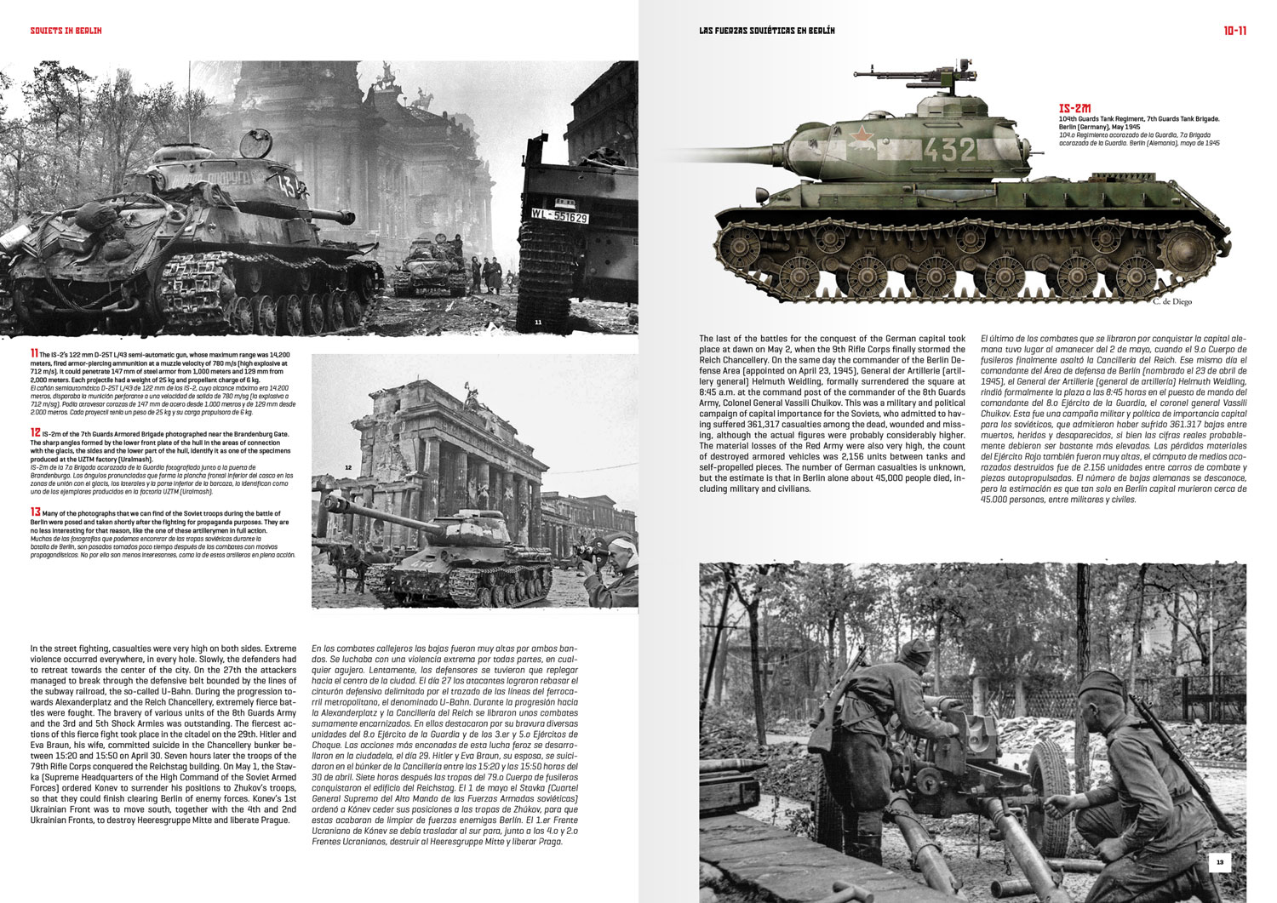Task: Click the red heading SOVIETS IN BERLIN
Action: pos(66,31)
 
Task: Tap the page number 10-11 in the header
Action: pos(1235,31)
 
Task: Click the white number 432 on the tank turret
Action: pos(948,150)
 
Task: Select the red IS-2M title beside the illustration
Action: pos(1074,109)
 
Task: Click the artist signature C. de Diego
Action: pos(1172,301)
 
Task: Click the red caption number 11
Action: pos(33,353)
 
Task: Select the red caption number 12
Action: pos(34,432)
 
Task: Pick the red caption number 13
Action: pos(34,512)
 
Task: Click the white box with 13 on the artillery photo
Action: pos(1219,863)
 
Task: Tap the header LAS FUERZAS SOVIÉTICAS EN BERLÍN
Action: pos(766,31)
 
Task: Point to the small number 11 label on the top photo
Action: pos(538,323)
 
